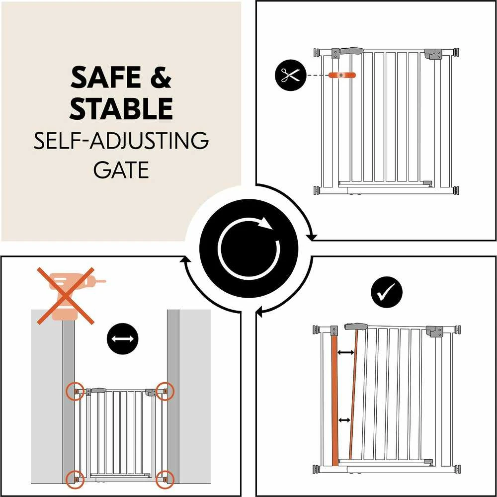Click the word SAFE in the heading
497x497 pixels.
pyautogui.click(x=105, y=78)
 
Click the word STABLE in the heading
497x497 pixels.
pyautogui.click(x=121, y=108)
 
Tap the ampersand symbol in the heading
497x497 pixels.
pyautogui.click(x=161, y=78)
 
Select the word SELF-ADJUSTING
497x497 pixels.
pyautogui.click(x=121, y=141)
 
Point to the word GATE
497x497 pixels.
pyautogui.click(x=121, y=170)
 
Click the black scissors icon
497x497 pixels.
pyautogui.click(x=291, y=75)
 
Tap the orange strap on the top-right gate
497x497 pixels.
pyautogui.click(x=342, y=75)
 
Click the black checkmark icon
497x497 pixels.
pyautogui.click(x=386, y=292)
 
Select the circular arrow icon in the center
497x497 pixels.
pyautogui.click(x=249, y=248)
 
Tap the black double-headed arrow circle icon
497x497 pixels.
pyautogui.click(x=123, y=338)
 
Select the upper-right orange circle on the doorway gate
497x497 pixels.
pyautogui.click(x=165, y=391)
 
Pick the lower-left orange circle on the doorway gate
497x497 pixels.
pyautogui.click(x=75, y=480)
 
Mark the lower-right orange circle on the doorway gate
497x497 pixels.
pyautogui.click(x=165, y=480)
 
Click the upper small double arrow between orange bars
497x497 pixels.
pyautogui.click(x=346, y=352)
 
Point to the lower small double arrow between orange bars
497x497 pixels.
pyautogui.click(x=344, y=420)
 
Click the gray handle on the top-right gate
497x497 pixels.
pyautogui.click(x=351, y=51)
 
